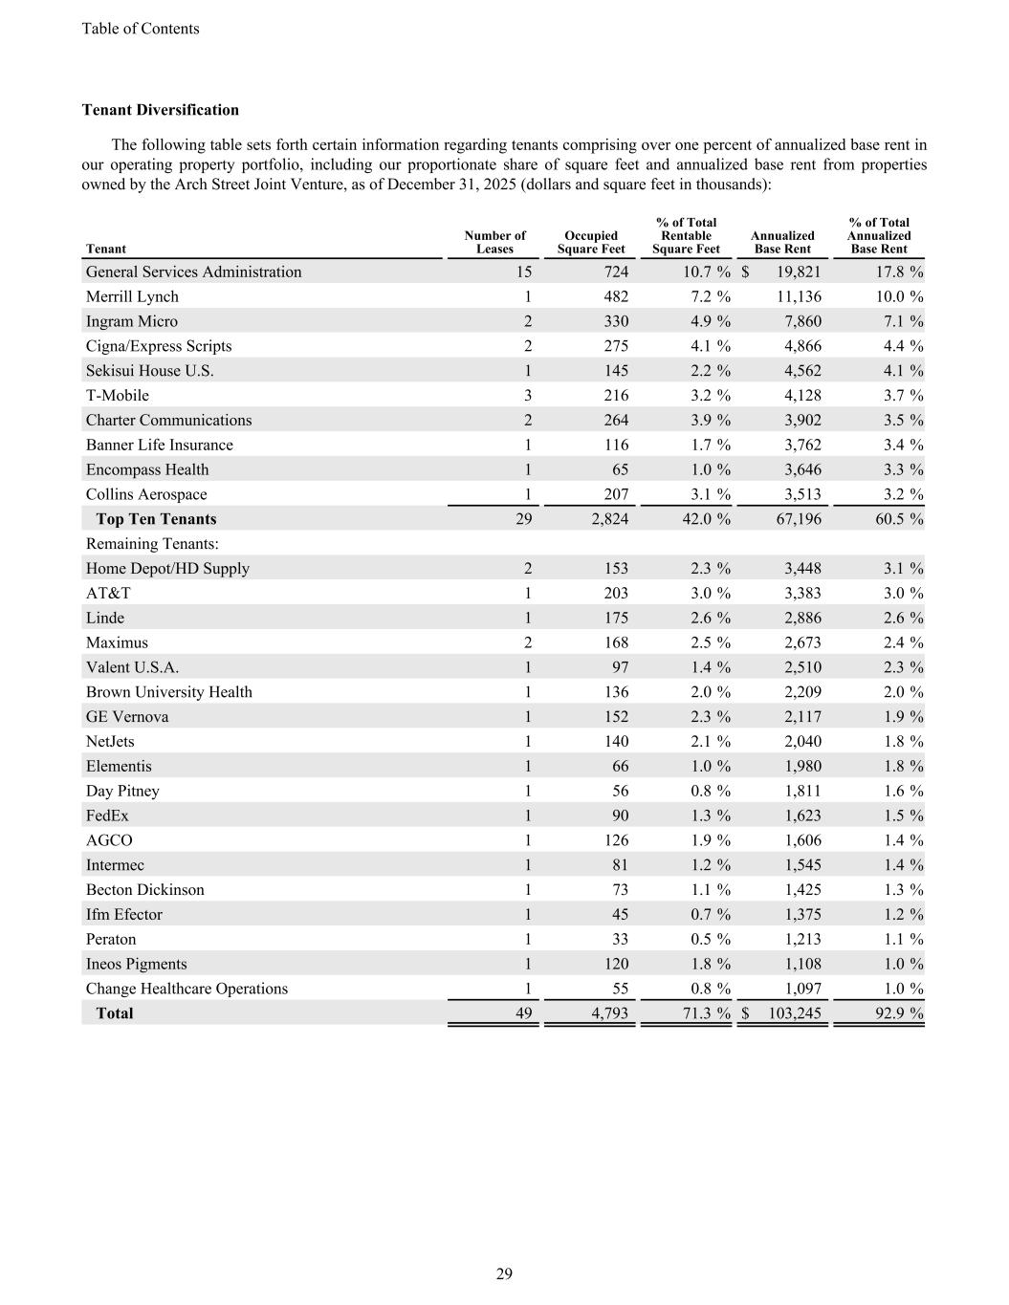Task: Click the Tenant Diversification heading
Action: (x=161, y=110)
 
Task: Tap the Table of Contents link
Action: (x=141, y=29)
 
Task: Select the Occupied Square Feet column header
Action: (x=591, y=243)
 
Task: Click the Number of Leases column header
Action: (x=494, y=243)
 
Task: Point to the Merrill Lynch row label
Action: (x=132, y=296)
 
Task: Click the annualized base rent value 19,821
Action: (x=795, y=272)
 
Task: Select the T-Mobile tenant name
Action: (x=118, y=395)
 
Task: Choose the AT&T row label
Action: (x=108, y=593)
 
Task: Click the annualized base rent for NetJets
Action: (x=801, y=741)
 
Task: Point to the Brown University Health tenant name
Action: (x=169, y=692)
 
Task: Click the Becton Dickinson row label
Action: (x=145, y=890)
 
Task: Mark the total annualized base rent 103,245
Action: (x=794, y=1013)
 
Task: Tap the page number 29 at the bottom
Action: (x=504, y=1273)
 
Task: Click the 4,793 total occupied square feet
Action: (x=609, y=1013)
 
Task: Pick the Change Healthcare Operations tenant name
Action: (x=186, y=989)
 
